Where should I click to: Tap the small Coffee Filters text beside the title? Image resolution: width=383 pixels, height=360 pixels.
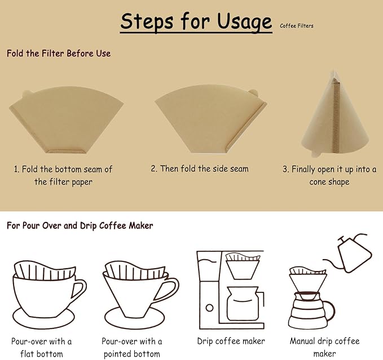(x=296, y=26)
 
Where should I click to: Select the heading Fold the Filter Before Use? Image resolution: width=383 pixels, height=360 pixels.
(x=59, y=54)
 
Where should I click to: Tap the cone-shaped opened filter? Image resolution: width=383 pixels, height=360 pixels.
(x=333, y=118)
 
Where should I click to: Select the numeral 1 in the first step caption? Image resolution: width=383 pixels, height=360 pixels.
(x=17, y=169)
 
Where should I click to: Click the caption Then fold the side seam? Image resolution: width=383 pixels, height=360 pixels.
(x=200, y=168)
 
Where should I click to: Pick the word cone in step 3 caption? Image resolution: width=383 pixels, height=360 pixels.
(x=319, y=182)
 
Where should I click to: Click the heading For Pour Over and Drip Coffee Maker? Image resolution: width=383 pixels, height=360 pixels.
(x=80, y=225)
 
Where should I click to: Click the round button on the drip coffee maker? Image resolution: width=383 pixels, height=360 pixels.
(x=210, y=308)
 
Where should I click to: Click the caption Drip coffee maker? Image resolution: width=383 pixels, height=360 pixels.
(x=231, y=341)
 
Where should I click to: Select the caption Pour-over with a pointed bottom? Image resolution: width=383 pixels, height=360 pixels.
(x=132, y=347)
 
